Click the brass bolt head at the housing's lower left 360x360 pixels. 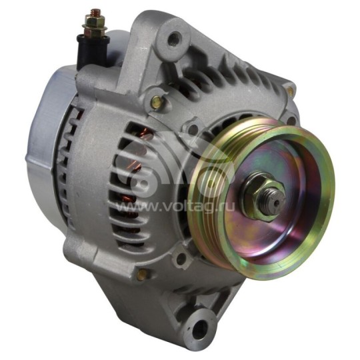pos(141,274)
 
